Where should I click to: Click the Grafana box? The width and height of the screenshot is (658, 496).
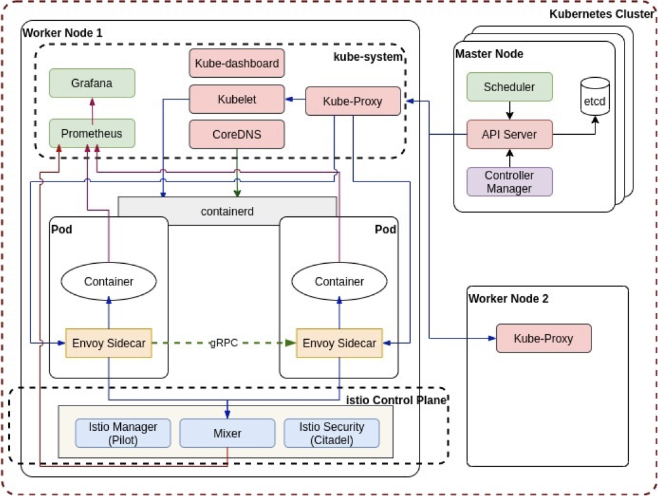tap(92, 83)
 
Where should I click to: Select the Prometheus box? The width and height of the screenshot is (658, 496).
tap(92, 133)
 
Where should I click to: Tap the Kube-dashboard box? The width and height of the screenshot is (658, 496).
tap(237, 64)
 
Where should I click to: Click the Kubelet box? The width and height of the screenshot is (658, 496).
tap(237, 99)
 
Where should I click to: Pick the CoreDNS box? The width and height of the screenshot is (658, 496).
tap(237, 134)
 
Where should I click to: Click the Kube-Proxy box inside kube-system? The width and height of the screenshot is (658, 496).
tap(352, 101)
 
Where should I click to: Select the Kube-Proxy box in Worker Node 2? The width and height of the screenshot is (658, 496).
tap(543, 338)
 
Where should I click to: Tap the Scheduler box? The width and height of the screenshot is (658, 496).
tap(509, 87)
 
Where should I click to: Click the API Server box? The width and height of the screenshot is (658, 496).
tap(509, 134)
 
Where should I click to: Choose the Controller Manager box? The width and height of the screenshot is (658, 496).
tap(509, 182)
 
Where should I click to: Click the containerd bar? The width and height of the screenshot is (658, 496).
tap(227, 211)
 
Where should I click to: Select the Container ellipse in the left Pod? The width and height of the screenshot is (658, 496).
tap(109, 282)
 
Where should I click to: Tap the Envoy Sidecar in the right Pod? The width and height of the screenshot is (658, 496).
tap(339, 344)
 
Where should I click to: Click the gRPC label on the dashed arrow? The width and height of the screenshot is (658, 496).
tap(224, 344)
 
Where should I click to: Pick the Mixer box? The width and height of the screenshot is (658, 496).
tap(227, 433)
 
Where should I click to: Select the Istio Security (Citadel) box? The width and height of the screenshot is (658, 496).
tap(332, 433)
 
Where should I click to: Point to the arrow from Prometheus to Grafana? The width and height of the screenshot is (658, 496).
tap(92, 108)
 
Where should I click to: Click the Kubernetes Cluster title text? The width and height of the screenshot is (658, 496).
tap(600, 14)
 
